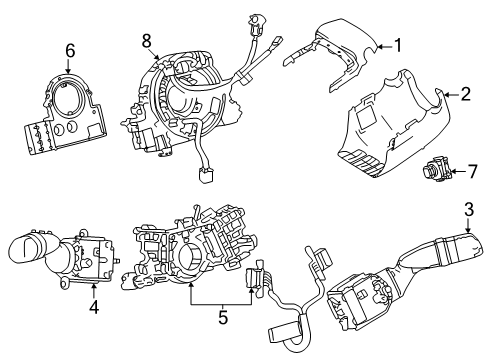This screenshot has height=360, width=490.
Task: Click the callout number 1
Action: pyautogui.click(x=397, y=44)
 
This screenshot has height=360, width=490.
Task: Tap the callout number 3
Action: pyautogui.click(x=469, y=210)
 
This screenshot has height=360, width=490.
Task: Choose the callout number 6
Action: pyautogui.click(x=70, y=49)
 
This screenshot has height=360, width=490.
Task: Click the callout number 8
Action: pyautogui.click(x=146, y=42)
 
